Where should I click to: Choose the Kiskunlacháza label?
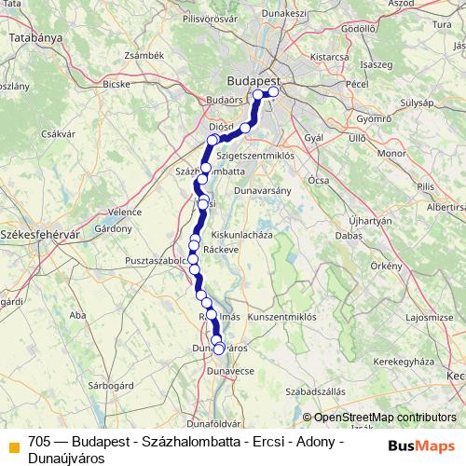[242, 235]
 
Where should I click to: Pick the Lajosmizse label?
[429, 318]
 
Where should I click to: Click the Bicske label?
[116, 83]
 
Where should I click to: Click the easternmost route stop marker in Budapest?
[274, 92]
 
